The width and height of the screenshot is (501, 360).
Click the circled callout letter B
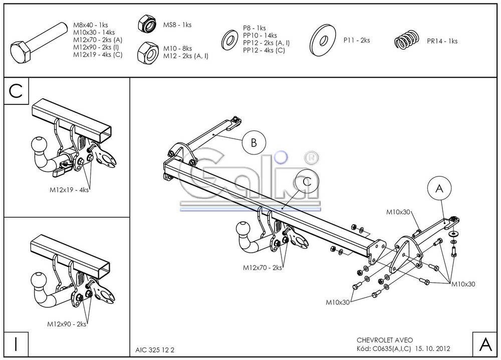coord(254,142)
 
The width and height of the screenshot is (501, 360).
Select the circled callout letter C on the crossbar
coord(307,182)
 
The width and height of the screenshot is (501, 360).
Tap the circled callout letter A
coord(439,189)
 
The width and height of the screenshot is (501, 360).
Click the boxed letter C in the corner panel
coord(16,91)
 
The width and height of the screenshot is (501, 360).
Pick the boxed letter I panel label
coord(16,344)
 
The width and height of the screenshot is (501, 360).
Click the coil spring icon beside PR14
coord(407,40)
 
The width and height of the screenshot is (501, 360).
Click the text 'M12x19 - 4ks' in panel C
coord(69,190)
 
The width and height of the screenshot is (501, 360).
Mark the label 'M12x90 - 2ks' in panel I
coord(67,324)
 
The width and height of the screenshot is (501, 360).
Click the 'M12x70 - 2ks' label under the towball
coord(263,267)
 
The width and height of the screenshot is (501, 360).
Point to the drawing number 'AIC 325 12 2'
coord(155,350)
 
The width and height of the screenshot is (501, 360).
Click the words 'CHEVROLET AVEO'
coord(385,340)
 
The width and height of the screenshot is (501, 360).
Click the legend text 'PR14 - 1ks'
coord(442,41)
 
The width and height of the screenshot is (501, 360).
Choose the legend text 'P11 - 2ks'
coord(357,40)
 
